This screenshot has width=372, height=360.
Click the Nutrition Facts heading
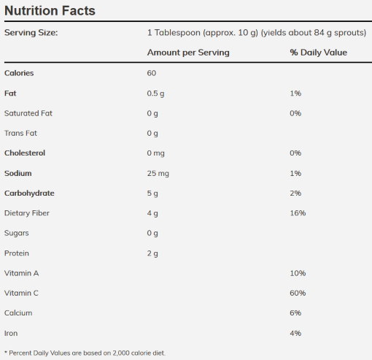[50, 11]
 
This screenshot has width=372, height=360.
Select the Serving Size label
[31, 33]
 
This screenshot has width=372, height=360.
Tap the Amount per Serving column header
[188, 53]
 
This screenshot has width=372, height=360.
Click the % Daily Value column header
[319, 53]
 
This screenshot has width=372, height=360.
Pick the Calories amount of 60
[152, 73]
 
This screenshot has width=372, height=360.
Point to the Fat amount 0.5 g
[155, 93]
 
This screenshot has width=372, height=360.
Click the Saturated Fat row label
[28, 113]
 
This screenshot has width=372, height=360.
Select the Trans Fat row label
[20, 133]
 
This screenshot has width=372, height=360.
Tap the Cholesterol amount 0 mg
[155, 153]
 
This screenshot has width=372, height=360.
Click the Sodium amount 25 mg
[158, 173]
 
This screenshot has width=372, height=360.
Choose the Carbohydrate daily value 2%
[295, 193]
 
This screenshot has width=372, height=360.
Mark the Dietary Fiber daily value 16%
[298, 213]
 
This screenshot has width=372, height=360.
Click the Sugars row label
[17, 233]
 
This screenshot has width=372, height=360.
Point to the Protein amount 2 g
[152, 253]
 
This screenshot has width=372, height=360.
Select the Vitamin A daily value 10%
[298, 273]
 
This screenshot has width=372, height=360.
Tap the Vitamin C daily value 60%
[298, 293]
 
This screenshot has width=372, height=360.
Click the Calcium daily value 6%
[295, 313]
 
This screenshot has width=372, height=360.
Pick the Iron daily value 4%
[295, 333]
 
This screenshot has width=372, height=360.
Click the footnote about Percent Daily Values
[85, 353]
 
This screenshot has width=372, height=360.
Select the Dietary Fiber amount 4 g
[152, 213]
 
